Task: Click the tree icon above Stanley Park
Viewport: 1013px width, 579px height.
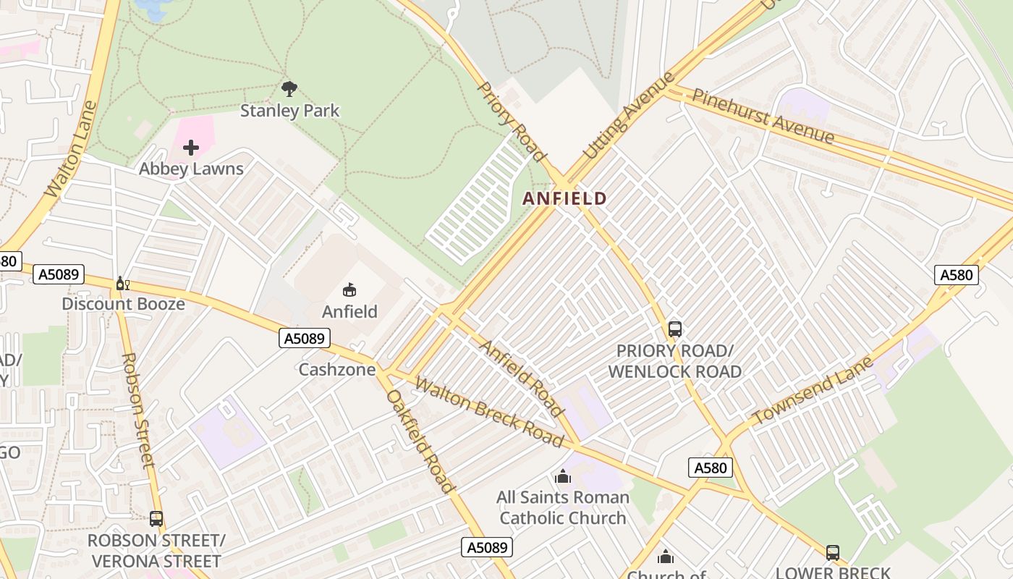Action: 289,89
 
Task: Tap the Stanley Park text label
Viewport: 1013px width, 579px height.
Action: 289,111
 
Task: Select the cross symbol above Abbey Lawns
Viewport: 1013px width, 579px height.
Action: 191,148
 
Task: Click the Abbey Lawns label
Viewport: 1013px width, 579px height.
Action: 191,169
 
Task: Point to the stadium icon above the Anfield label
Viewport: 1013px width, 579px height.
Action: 349,290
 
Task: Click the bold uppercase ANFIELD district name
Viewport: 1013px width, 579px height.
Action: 564,198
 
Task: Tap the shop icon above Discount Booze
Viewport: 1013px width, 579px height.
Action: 122,283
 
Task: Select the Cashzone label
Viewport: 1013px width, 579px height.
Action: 337,370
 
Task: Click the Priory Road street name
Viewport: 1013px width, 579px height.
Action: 511,121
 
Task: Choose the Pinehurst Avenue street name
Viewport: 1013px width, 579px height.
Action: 763,116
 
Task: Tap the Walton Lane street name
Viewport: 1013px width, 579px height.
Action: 70,150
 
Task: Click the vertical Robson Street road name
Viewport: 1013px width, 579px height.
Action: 137,410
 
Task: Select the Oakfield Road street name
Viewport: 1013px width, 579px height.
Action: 420,441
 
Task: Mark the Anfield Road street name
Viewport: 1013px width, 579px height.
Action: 521,379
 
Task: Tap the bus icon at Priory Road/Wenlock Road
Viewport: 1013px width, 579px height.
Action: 675,329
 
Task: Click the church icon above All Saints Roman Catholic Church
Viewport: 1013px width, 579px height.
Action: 562,476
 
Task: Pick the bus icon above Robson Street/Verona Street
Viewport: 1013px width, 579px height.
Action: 156,519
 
